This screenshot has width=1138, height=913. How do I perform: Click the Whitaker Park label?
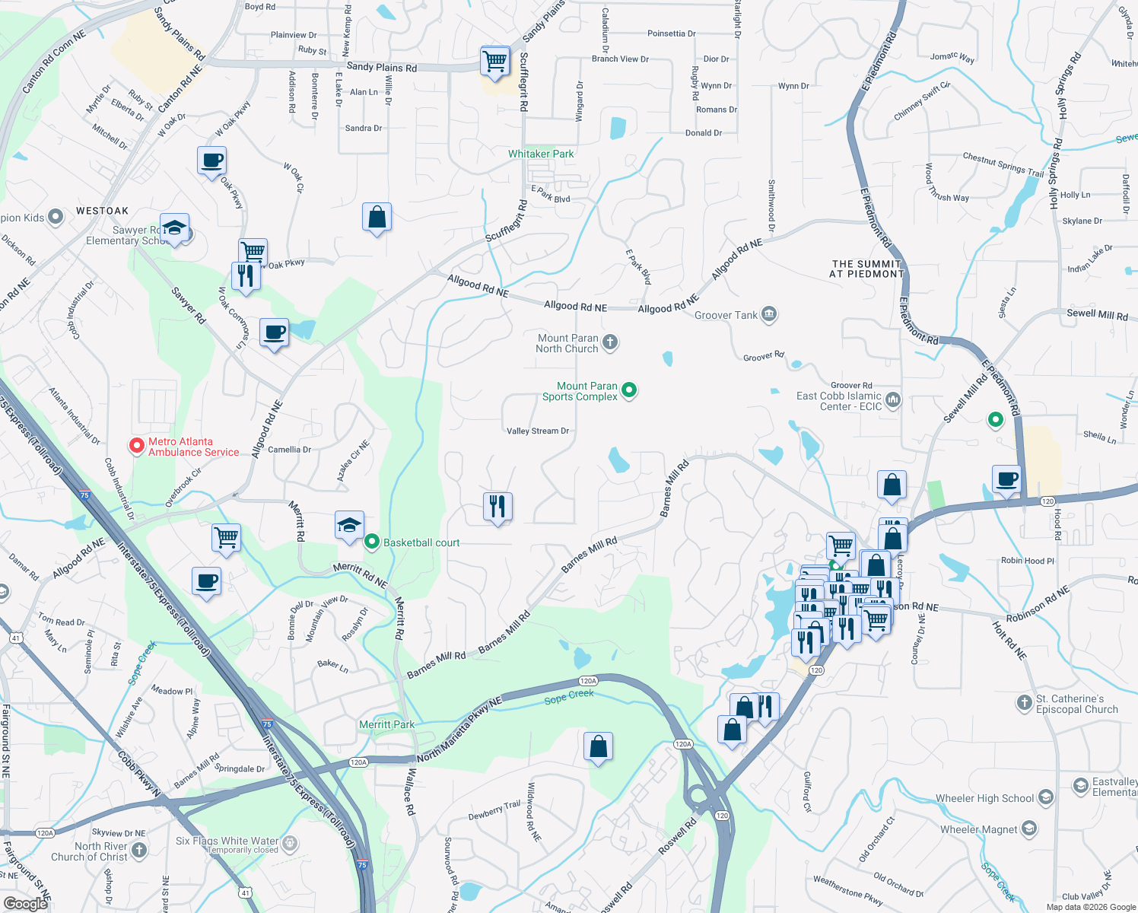pos(541,154)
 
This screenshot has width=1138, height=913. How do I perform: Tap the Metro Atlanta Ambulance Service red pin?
pos(137,446)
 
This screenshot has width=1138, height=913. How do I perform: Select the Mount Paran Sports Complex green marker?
pos(629,390)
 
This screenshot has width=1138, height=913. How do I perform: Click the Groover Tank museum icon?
pos(769,314)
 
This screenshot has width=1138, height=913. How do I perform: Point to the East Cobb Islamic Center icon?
pos(893,399)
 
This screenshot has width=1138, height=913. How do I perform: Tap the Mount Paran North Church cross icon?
pos(610,342)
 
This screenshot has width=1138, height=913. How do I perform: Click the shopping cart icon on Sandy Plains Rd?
pos(495,61)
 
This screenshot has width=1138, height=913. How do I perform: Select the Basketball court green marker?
pos(372,542)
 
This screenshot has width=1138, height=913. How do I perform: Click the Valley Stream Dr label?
pos(538,431)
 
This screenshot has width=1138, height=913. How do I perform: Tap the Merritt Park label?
pos(386,724)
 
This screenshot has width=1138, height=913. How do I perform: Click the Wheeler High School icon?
pos(1046,797)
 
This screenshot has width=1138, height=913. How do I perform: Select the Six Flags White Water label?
pos(227,841)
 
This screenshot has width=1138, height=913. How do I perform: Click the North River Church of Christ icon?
pos(138,850)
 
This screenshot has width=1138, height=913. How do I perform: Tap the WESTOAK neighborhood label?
pos(102,211)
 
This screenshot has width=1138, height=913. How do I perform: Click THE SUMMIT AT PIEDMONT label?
pos(866,269)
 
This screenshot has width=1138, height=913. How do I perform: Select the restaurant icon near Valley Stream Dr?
pos(497,506)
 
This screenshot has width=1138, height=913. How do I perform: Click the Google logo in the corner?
pos(25,903)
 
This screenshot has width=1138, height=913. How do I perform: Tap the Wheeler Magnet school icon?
pos(1029,829)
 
